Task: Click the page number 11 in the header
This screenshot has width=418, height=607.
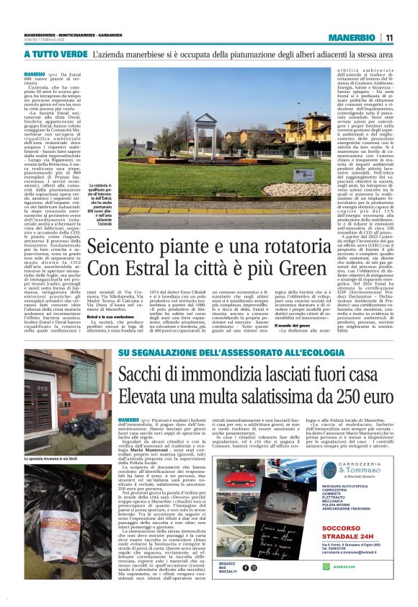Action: (x=388, y=37)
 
